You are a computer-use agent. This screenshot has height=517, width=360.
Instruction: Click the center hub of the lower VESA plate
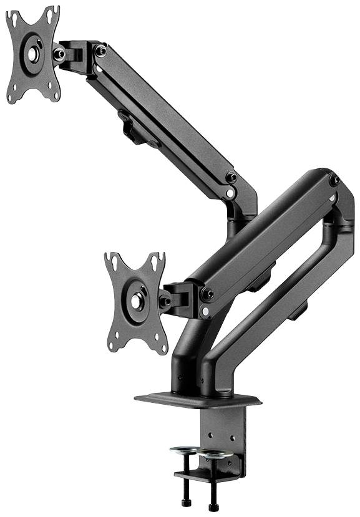[x=136, y=301]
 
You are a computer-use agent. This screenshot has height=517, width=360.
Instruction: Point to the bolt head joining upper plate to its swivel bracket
[x=60, y=54]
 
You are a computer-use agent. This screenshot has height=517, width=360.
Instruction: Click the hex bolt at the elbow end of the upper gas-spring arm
[x=231, y=177]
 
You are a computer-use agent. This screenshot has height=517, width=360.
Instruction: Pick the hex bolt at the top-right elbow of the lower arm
[x=334, y=180]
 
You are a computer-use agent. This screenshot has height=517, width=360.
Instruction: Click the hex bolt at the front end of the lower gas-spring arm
[x=207, y=293]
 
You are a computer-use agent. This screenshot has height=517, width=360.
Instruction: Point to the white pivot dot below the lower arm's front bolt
[x=205, y=310]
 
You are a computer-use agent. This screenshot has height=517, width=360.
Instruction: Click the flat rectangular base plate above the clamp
[x=197, y=399]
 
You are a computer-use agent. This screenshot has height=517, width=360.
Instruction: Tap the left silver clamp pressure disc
[x=185, y=448]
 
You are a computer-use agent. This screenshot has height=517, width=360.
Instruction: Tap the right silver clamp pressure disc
[x=215, y=453]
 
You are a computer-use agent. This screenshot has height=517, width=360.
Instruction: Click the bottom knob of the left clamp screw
[x=185, y=502]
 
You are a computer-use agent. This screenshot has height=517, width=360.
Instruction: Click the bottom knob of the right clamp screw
[x=213, y=506]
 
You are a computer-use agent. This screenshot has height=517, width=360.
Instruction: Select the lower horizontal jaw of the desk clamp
[x=206, y=477]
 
